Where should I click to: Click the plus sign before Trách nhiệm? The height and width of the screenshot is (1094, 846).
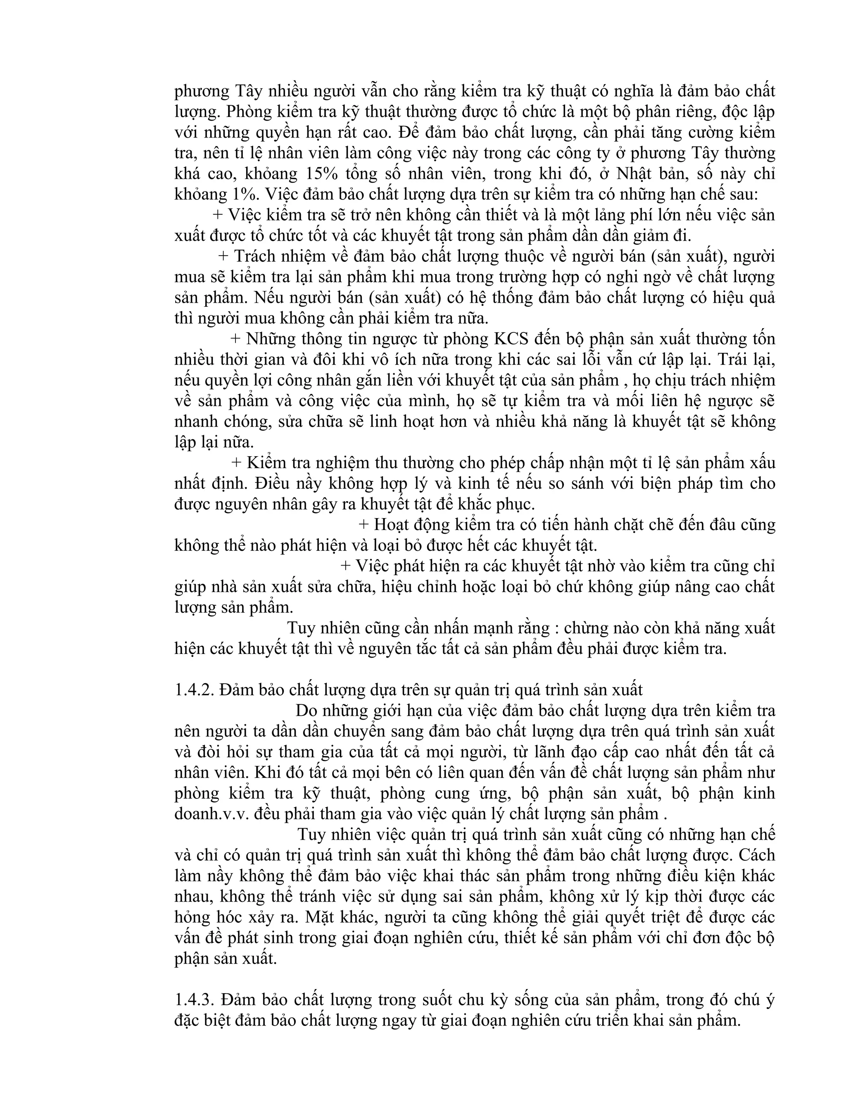[x=223, y=256]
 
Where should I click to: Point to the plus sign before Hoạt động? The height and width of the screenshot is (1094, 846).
[x=364, y=524]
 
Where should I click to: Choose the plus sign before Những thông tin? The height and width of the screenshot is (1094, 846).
[x=235, y=339]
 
